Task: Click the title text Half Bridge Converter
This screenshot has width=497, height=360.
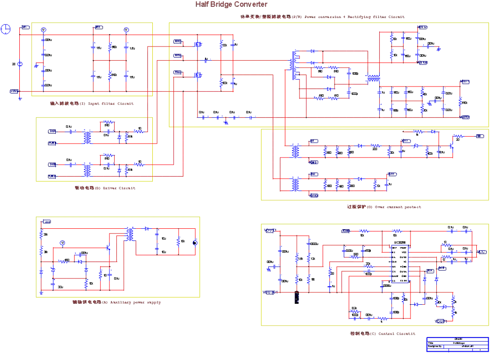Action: coord(231,4)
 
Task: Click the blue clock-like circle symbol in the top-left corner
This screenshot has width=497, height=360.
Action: coord(5,30)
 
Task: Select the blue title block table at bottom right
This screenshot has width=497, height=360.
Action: coord(457,344)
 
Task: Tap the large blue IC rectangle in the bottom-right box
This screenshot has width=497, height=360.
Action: coord(399,264)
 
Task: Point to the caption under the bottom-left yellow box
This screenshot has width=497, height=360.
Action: coord(116,302)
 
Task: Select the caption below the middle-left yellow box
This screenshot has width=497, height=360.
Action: coord(105,188)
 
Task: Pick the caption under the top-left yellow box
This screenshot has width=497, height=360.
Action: coord(92,104)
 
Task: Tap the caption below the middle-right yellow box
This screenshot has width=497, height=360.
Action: coord(384,207)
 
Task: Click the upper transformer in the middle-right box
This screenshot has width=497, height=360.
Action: coord(295,151)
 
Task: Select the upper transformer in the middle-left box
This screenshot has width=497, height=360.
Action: coord(87,138)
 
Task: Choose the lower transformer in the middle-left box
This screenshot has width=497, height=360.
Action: coord(87,170)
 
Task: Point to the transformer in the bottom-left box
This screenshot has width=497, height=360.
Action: coord(130,234)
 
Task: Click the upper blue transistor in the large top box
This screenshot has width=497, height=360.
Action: coord(198,44)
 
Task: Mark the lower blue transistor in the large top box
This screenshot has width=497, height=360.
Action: coord(198,75)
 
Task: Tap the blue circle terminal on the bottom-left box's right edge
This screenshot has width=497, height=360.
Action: coord(195,243)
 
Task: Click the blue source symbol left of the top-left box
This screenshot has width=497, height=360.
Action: coord(20,64)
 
